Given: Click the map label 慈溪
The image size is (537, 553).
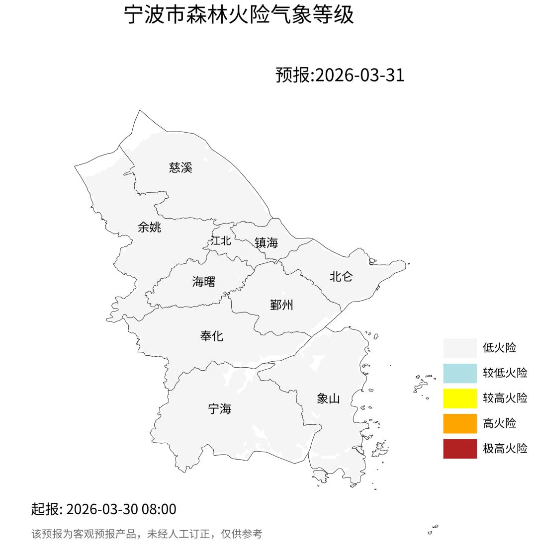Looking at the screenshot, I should point(180,167).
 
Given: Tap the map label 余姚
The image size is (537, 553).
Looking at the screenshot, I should point(149,227).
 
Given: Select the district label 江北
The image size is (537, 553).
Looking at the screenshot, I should point(221,240).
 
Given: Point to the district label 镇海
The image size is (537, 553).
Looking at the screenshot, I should point(266,242).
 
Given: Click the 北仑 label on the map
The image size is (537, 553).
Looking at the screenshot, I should point(341,277).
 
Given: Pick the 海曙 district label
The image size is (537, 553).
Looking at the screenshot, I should point(204,282).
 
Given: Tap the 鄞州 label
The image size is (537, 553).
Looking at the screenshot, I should point(281,305).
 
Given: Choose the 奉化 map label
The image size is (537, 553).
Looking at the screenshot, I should point(212,336).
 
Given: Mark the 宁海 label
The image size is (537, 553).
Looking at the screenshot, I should point(219,409).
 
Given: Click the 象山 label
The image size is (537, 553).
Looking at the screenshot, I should point(328,398).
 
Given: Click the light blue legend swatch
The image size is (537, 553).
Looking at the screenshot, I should point(460,373).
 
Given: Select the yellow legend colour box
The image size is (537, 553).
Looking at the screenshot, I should point(460,398).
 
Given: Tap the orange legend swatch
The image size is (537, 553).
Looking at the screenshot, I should point(460,423).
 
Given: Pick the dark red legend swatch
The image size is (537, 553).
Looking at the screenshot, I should point(460,449).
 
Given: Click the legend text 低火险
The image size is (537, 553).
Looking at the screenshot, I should point(499,348).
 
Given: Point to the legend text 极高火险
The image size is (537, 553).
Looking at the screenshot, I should point(505,449).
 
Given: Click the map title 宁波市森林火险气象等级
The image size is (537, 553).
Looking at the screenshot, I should point(239,15).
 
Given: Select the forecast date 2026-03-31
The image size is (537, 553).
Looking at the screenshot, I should point(360,75).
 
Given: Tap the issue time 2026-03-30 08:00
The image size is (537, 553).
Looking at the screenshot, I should point(121,509).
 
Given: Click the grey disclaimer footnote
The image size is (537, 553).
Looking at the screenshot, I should point(147,534).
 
